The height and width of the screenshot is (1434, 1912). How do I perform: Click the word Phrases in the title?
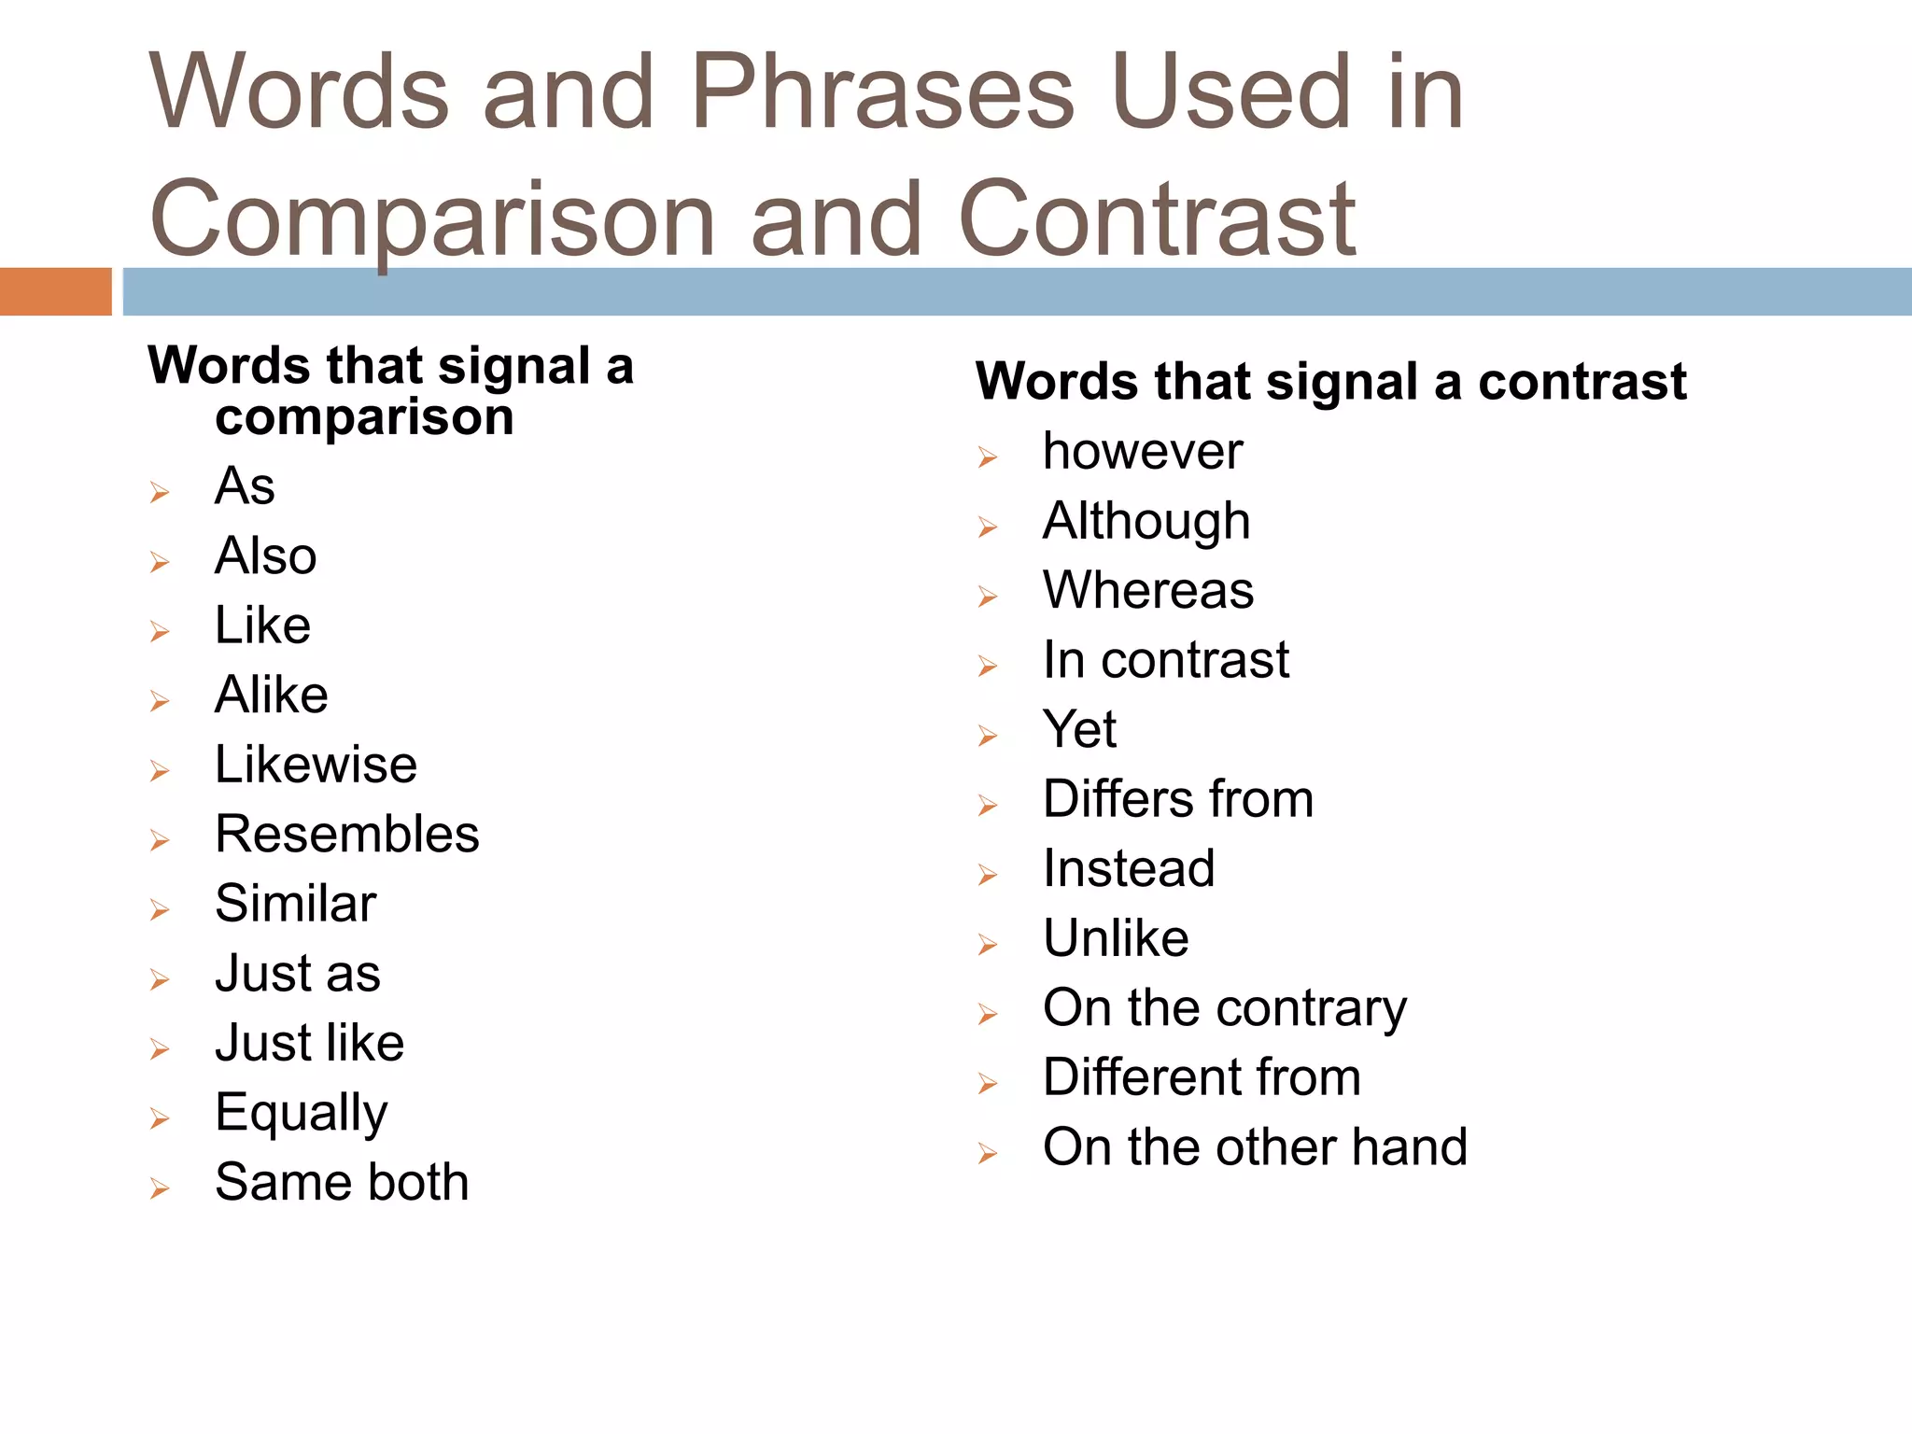tap(882, 93)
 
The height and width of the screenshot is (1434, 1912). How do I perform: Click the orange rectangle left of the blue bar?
tap(55, 291)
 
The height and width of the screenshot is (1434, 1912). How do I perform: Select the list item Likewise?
tap(316, 765)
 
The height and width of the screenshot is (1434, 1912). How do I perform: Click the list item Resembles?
tap(346, 834)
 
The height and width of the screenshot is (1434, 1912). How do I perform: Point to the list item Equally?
tap(301, 1113)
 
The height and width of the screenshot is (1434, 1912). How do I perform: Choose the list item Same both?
tap(342, 1182)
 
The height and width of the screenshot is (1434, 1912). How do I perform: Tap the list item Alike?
tap(271, 695)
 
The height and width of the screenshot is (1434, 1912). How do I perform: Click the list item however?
tap(1143, 452)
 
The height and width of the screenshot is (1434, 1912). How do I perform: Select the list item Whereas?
tap(1148, 590)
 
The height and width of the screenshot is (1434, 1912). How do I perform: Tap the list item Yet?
tap(1079, 729)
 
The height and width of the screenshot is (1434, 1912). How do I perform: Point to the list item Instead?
tap(1129, 868)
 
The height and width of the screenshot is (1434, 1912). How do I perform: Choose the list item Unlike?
tap(1116, 938)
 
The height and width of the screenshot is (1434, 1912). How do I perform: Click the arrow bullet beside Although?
tap(988, 527)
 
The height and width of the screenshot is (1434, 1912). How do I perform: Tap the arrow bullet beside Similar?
tap(160, 909)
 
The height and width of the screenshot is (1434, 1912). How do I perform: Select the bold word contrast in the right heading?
tap(1582, 382)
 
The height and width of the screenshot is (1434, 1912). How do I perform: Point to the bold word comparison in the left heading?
tap(364, 416)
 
